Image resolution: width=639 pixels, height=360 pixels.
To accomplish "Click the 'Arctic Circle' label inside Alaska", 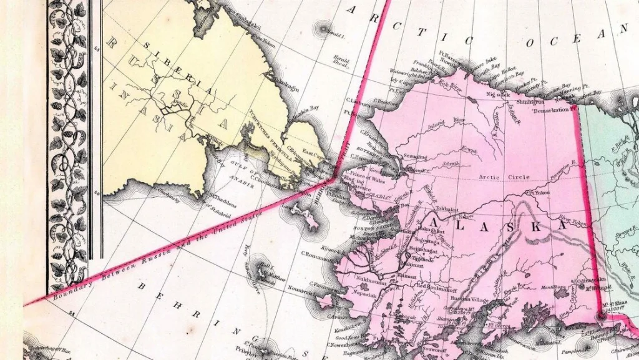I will point(504,177).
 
